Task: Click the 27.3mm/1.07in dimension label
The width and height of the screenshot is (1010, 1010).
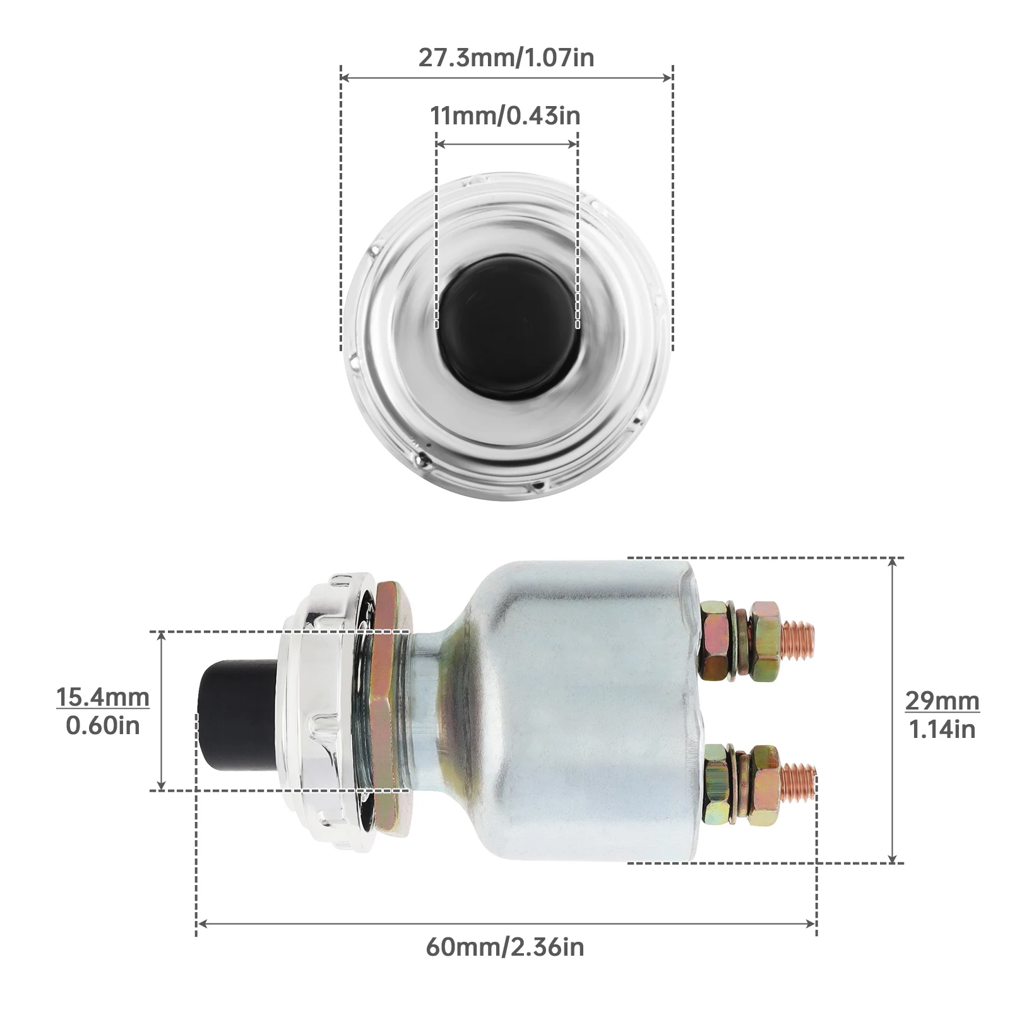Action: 506,57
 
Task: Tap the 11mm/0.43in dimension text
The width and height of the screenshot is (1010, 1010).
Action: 506,116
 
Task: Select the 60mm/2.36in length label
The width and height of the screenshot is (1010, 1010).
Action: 505,947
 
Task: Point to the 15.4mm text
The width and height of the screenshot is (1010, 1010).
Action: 103,698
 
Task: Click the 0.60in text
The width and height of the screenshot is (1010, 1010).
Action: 103,726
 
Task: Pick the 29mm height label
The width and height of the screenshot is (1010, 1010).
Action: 942,701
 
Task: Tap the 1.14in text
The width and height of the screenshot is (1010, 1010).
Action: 942,730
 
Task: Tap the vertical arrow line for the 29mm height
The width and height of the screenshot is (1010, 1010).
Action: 893,710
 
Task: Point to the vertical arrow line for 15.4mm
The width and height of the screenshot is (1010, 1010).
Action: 162,710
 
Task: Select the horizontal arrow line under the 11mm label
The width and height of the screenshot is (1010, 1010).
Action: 507,144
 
